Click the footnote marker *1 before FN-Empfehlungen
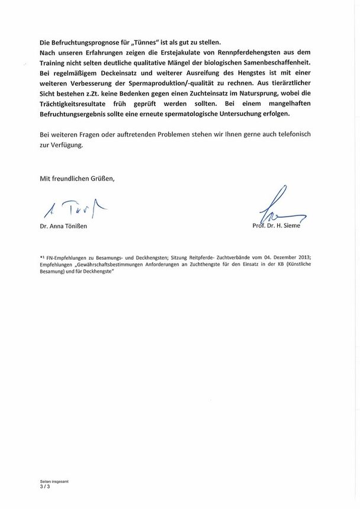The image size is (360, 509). coord(43,257)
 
